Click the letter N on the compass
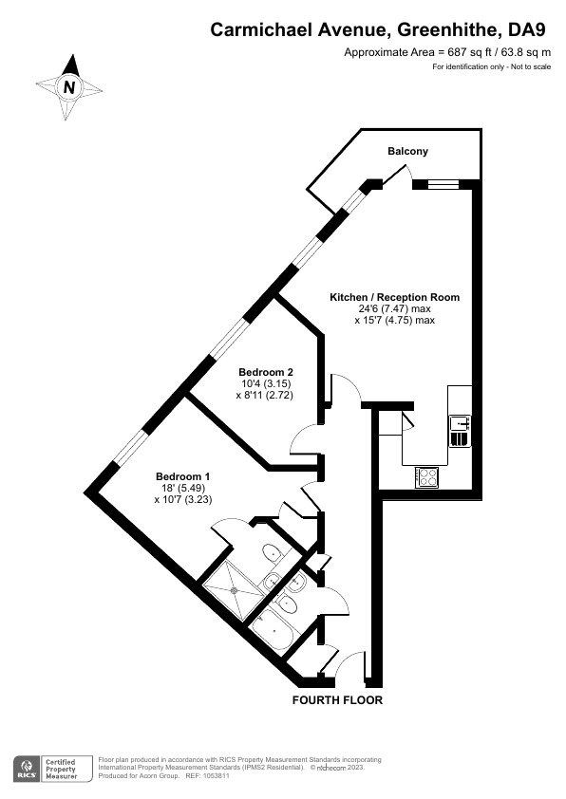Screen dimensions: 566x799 pos(69,87)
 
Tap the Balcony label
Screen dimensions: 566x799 pos(408,151)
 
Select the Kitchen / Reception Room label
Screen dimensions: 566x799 pos(395,297)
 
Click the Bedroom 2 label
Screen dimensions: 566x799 pos(265,371)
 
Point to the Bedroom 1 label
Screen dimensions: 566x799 pos(183,476)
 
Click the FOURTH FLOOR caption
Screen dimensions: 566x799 pos(337,700)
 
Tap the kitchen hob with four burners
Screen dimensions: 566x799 pos(426,477)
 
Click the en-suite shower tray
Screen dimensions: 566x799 pos(235,590)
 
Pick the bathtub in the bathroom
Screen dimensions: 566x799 pos(274,628)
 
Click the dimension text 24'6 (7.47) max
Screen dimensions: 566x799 pos(395,308)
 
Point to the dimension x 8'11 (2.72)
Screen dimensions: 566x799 pos(265,395)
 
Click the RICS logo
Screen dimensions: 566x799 pos(26,769)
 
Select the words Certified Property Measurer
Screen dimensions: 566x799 pos(61,769)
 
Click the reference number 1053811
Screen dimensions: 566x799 pos(217,776)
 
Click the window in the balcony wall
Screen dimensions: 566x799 pos(436,184)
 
